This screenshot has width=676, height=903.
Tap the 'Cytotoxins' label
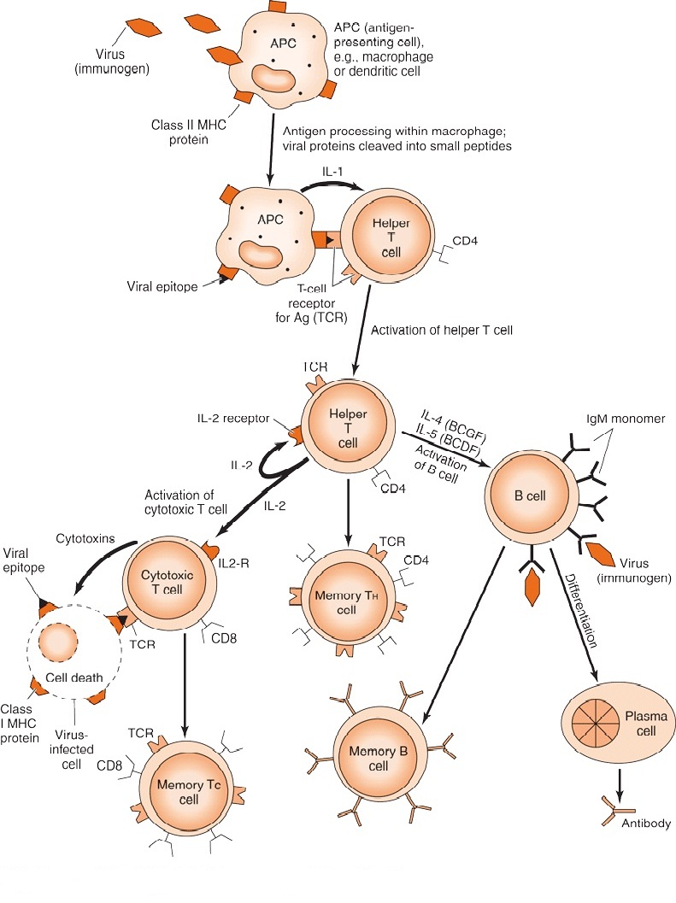coord(82,539)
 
